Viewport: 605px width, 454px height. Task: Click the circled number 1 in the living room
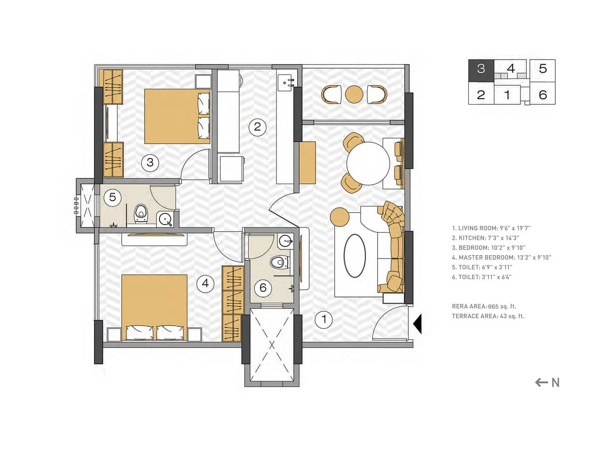[324, 320]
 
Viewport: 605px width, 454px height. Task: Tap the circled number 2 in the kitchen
[258, 127]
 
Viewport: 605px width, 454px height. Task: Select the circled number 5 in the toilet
[112, 197]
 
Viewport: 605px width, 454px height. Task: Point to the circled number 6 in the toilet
[263, 288]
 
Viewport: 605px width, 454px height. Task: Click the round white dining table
[368, 163]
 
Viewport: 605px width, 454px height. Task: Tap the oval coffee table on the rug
[355, 256]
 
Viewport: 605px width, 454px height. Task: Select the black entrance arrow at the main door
[417, 324]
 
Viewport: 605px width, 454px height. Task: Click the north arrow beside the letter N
[541, 382]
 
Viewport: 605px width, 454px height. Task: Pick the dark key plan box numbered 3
[481, 70]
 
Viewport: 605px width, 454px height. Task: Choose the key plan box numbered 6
[543, 94]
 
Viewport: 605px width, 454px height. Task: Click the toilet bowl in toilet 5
[141, 215]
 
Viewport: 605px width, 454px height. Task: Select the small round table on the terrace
[354, 94]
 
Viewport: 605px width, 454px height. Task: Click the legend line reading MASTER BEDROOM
[501, 258]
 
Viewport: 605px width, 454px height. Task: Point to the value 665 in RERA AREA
[493, 306]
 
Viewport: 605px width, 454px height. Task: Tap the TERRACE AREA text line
[488, 316]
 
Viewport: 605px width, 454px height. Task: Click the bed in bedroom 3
[177, 116]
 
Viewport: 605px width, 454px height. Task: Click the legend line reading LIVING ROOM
[491, 228]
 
